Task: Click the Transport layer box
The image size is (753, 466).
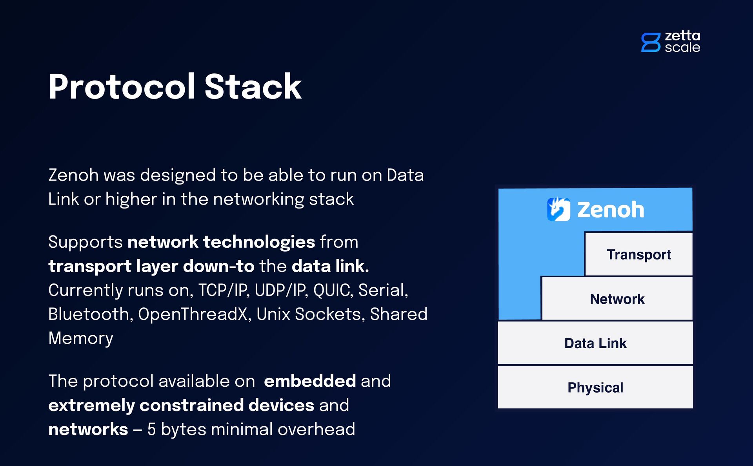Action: [638, 254]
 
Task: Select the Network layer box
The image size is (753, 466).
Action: [617, 299]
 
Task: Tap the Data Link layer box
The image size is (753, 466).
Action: [595, 344]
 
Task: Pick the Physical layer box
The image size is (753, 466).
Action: [595, 387]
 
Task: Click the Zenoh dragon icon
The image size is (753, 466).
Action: [558, 209]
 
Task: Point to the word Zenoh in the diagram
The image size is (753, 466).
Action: [611, 210]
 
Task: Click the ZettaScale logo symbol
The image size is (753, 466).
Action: [651, 42]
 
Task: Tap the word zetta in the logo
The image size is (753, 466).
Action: [682, 36]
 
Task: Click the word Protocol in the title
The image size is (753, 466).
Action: [122, 87]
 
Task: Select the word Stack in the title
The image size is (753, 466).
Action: [253, 87]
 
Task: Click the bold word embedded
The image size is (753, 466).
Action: [310, 381]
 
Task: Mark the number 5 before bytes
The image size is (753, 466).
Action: [151, 429]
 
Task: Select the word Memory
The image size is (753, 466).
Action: [81, 338]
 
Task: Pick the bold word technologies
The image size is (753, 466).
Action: [259, 242]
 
